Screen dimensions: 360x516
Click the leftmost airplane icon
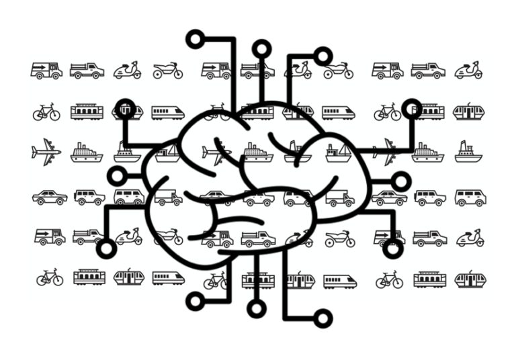(46, 152)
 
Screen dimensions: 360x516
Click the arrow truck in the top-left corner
(46, 69)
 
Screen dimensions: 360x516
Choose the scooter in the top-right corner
(468, 69)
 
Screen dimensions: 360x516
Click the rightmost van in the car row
(470, 197)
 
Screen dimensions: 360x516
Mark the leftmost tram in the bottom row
(88, 277)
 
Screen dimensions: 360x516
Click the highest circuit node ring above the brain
(196, 38)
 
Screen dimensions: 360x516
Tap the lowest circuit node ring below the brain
(324, 318)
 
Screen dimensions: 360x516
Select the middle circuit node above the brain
(261, 48)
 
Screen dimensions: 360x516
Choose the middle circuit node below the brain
(256, 310)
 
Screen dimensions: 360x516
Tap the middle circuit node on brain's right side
(400, 180)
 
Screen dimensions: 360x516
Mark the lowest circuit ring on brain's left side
(107, 250)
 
